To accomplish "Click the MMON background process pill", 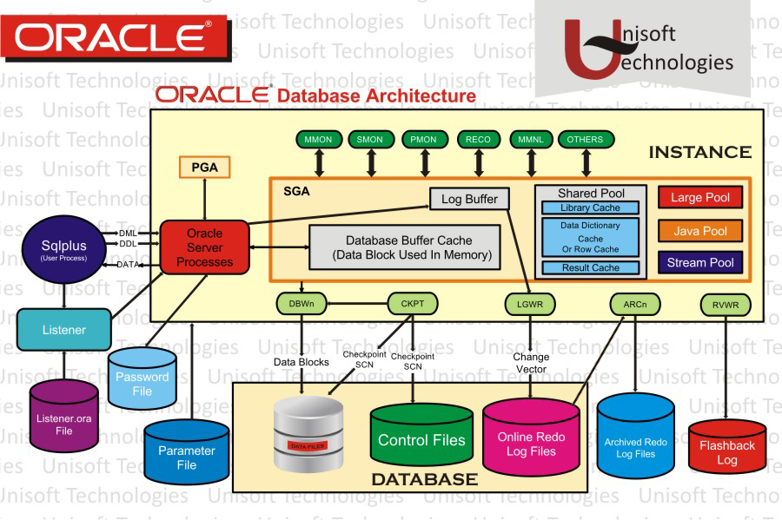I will click(318, 139).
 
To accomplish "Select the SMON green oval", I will click(371, 139).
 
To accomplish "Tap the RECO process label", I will click(478, 139).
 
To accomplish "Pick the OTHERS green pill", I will click(585, 139).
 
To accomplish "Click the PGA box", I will click(204, 166).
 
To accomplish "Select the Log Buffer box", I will click(469, 199).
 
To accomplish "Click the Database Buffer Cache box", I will click(406, 247).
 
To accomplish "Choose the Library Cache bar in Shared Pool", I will click(590, 208).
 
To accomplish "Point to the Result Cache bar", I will click(590, 267).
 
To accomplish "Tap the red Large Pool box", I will click(699, 198).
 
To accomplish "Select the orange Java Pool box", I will click(699, 230).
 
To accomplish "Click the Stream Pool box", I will click(699, 262).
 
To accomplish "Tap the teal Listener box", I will click(64, 330).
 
